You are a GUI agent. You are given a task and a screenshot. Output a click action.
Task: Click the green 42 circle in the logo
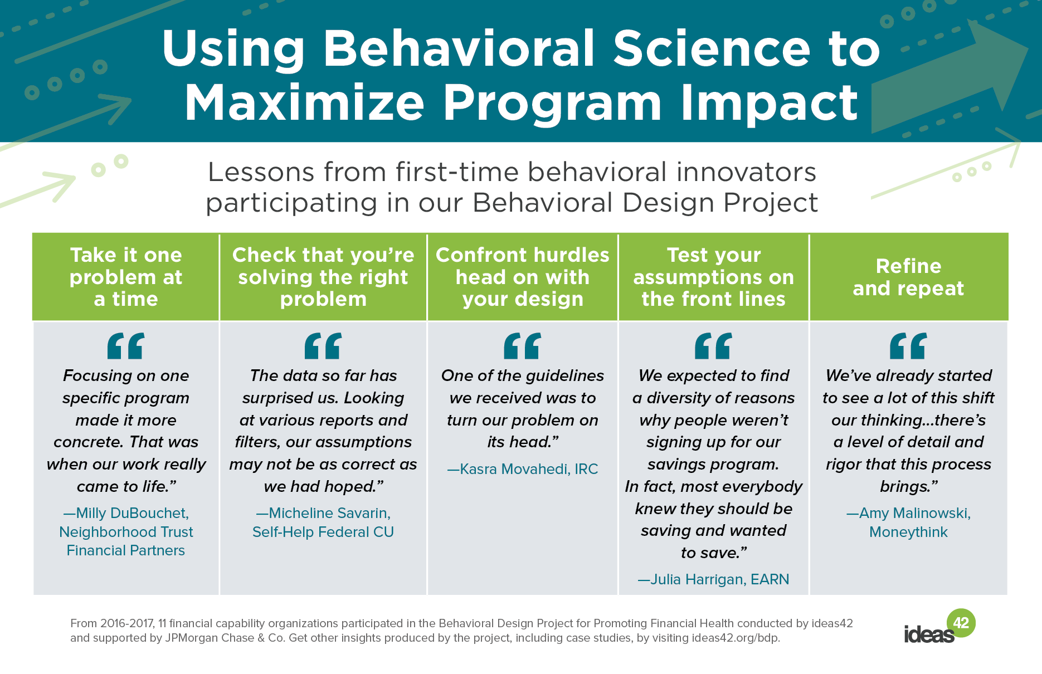click(961, 623)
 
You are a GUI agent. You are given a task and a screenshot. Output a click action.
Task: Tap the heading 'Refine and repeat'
click(908, 277)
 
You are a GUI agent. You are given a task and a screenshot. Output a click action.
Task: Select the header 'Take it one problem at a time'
click(126, 277)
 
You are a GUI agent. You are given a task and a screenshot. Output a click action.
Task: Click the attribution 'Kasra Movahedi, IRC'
click(523, 469)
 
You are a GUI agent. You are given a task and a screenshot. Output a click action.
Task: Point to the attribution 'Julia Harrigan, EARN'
click(713, 579)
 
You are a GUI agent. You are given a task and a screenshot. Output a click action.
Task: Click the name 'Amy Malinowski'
click(914, 513)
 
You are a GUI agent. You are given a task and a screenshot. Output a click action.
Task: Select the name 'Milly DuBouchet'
click(132, 513)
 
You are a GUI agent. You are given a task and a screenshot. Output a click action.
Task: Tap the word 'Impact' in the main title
click(769, 104)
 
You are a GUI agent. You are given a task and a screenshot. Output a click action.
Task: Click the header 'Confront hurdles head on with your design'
click(523, 277)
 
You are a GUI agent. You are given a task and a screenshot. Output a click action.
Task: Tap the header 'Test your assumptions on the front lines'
click(713, 277)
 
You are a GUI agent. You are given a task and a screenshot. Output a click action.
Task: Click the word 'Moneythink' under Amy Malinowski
click(908, 532)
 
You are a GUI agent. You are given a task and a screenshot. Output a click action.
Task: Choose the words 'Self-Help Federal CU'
click(323, 532)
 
